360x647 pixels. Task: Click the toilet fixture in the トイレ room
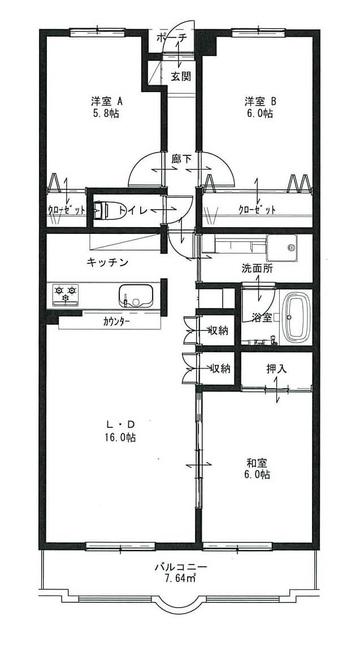(102, 210)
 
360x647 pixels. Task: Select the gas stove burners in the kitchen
(66, 294)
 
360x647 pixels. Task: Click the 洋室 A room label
(106, 101)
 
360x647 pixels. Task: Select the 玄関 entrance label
(181, 76)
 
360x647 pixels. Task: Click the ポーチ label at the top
(172, 37)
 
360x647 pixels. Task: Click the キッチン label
(108, 262)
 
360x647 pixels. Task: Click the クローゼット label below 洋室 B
(257, 210)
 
